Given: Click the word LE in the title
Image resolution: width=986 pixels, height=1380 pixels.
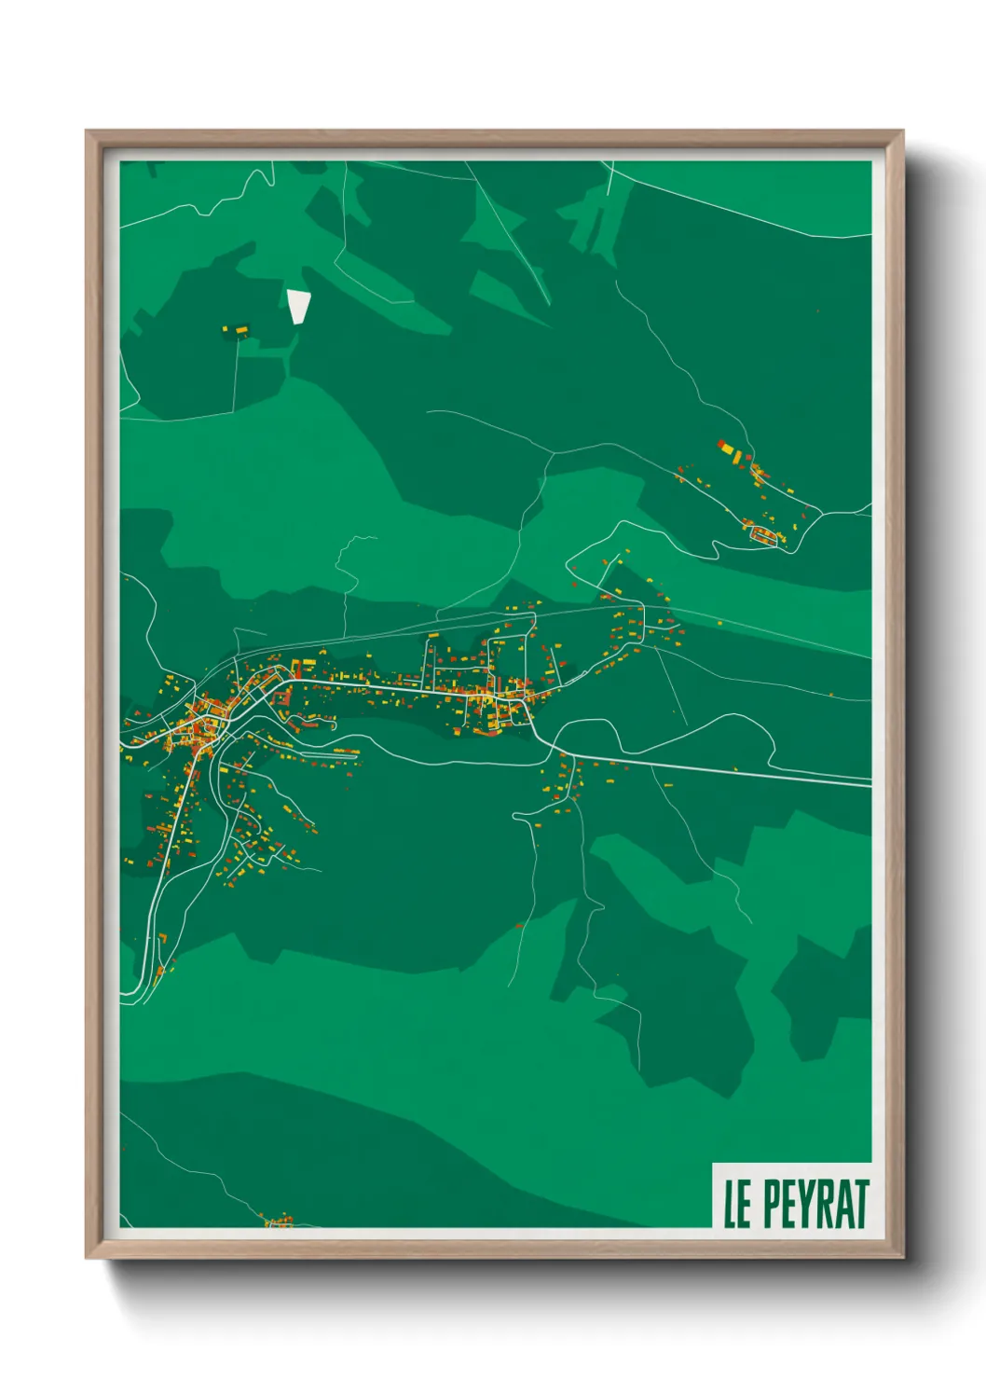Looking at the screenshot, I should point(737,1204).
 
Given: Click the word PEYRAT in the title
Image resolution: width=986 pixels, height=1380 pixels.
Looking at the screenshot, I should point(816,1204).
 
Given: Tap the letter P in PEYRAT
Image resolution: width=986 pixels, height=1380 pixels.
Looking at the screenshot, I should point(773,1204).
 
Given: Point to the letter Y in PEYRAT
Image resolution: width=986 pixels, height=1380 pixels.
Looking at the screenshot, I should point(806,1204).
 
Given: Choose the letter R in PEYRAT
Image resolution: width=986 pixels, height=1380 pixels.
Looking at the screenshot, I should point(824,1204).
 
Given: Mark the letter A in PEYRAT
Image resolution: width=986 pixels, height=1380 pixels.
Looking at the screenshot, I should point(842,1204).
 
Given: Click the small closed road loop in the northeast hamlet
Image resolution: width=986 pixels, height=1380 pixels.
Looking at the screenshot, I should point(764,534).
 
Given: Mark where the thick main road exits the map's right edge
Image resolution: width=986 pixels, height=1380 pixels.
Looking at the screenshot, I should point(869,782).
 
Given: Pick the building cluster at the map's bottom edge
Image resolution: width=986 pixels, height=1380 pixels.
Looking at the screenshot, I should point(278,1220).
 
